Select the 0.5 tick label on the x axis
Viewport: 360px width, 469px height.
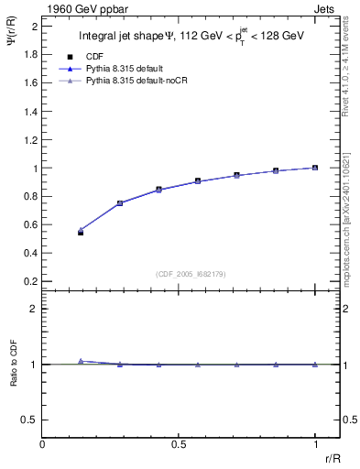click(179, 445)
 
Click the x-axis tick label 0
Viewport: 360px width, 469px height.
click(42, 445)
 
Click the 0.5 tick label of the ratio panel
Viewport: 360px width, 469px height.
click(30, 420)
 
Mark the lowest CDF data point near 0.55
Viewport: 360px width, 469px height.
click(81, 233)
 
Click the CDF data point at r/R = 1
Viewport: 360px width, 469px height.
click(315, 168)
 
